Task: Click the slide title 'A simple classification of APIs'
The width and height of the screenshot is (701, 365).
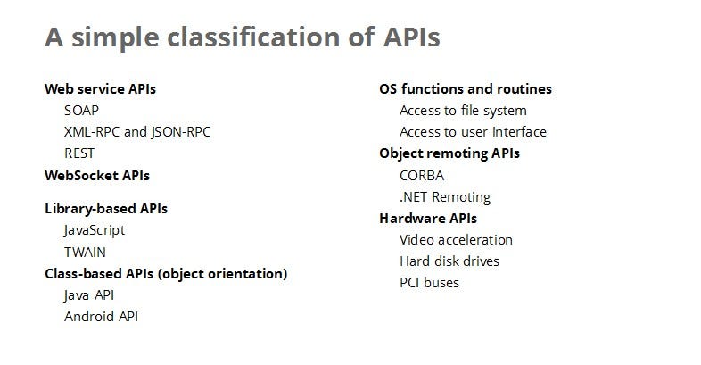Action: pyautogui.click(x=242, y=38)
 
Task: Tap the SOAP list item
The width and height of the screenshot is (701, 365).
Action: pyautogui.click(x=81, y=111)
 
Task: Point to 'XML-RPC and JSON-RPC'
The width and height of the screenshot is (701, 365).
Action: pyautogui.click(x=137, y=132)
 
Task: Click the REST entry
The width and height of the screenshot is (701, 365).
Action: pyautogui.click(x=79, y=153)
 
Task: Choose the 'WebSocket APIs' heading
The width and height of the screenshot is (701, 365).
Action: pyautogui.click(x=97, y=175)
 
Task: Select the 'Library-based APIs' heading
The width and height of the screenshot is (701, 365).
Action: pyautogui.click(x=106, y=209)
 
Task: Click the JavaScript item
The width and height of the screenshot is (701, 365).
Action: pyautogui.click(x=95, y=230)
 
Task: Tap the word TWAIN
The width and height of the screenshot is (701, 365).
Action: pyautogui.click(x=85, y=252)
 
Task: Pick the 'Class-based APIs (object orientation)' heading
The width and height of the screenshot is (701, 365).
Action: pyautogui.click(x=166, y=273)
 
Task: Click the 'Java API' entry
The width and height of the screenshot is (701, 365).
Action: pyautogui.click(x=89, y=294)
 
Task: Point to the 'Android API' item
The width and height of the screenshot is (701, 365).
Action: pyautogui.click(x=101, y=316)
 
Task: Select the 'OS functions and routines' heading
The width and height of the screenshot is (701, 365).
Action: pyautogui.click(x=466, y=89)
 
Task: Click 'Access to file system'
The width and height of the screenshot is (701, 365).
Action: pyautogui.click(x=463, y=111)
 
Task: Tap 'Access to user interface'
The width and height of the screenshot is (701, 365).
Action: pyautogui.click(x=473, y=132)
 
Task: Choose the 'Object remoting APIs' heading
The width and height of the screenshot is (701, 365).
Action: pyautogui.click(x=449, y=153)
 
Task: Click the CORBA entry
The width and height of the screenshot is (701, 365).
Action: pyautogui.click(x=422, y=176)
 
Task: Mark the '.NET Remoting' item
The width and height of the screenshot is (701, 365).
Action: pyautogui.click(x=445, y=197)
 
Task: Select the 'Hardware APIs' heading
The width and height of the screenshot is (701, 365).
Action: pyautogui.click(x=428, y=219)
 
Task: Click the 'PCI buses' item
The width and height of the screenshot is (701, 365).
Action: pyautogui.click(x=430, y=283)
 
